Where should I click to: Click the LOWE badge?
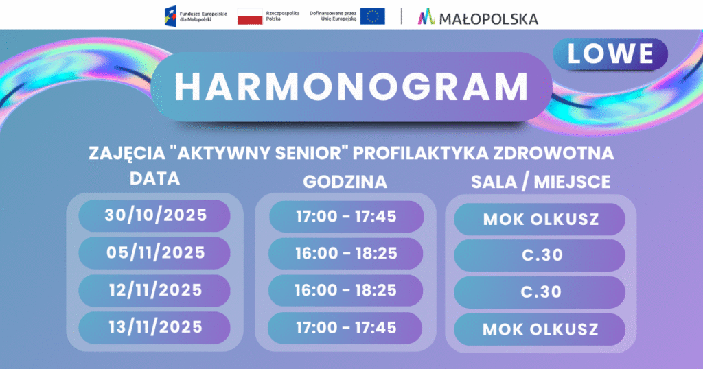click(x=610, y=54)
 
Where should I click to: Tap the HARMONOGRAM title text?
click(x=351, y=86)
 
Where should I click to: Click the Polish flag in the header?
click(x=250, y=16)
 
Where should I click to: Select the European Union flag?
click(x=372, y=16)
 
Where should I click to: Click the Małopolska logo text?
click(x=489, y=19)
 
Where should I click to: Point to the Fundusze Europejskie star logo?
click(x=170, y=16)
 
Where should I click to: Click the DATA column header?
click(x=154, y=179)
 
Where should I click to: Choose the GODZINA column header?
click(x=345, y=182)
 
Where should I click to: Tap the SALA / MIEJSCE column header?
click(x=541, y=182)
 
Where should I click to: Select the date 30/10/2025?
click(x=154, y=215)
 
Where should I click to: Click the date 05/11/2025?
click(x=154, y=252)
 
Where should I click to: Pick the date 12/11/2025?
click(x=154, y=290)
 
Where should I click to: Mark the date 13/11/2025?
click(x=154, y=327)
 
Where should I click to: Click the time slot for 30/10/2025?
click(x=346, y=217)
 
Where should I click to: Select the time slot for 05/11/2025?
click(x=346, y=254)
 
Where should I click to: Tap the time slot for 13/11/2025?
click(x=345, y=328)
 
